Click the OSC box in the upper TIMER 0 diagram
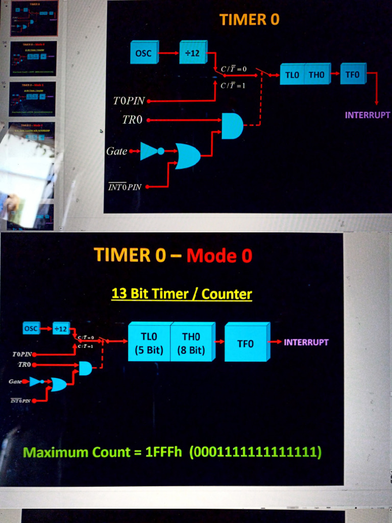(144, 53)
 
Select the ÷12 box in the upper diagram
(192, 53)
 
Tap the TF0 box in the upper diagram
(352, 75)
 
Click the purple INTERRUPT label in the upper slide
(367, 115)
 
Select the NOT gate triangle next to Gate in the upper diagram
(150, 151)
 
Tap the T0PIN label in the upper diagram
(129, 101)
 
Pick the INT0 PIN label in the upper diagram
(125, 187)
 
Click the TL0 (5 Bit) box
(149, 343)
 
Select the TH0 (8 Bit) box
(191, 343)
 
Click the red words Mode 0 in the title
(219, 255)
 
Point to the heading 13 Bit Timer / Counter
(182, 294)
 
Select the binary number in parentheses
(255, 453)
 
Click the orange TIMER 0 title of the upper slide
(250, 20)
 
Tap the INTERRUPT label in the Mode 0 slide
(306, 342)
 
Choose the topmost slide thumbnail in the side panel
(34, 18)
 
